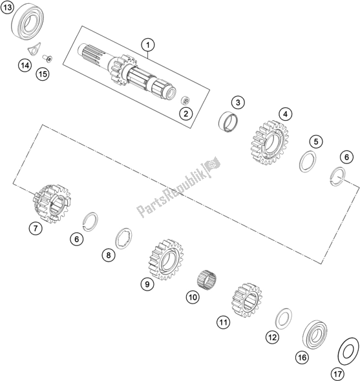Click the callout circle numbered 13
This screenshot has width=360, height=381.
tap(7, 7)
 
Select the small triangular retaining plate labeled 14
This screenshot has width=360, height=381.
tap(34, 50)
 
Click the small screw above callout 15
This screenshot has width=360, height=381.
tap(47, 58)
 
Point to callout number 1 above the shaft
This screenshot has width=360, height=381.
tap(148, 45)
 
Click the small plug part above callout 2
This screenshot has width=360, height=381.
tap(185, 101)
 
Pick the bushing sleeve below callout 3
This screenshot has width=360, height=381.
tap(228, 121)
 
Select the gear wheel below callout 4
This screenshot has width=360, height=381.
tap(270, 142)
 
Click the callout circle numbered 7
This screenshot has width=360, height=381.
tap(36, 229)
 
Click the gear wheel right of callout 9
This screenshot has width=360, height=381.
tap(166, 259)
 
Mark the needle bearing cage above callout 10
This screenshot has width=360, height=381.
tap(206, 280)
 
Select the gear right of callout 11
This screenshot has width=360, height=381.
tap(247, 300)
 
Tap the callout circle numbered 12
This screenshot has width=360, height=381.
tap(273, 337)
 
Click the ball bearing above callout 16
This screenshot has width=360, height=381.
tap(315, 335)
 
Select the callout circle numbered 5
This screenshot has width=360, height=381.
tap(316, 141)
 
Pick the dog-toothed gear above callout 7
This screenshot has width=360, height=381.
tap(52, 203)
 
